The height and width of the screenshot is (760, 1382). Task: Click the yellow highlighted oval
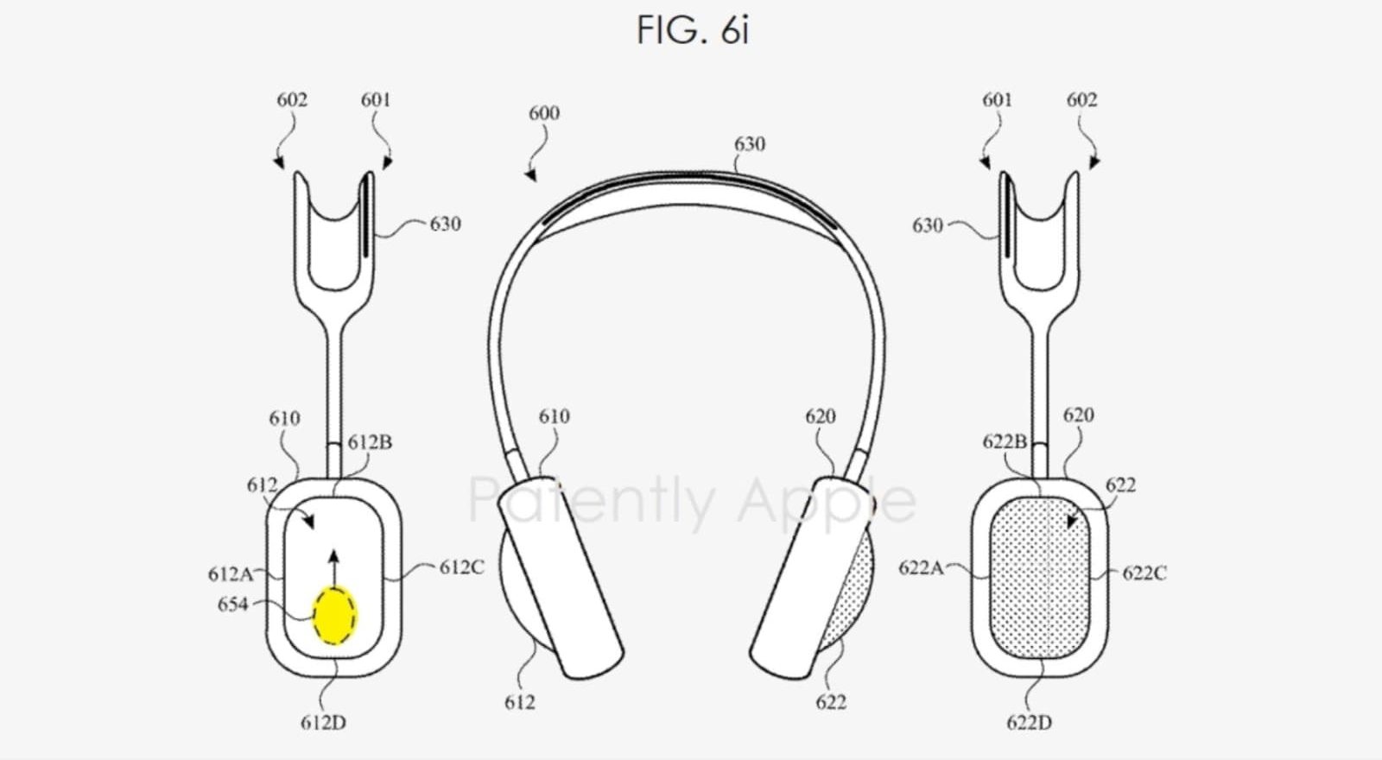coord(333,616)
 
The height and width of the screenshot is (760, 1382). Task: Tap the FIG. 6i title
coord(693,30)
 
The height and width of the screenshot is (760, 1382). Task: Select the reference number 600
coord(544,113)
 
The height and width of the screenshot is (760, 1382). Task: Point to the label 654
coord(232,605)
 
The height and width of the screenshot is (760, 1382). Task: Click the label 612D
coord(323,722)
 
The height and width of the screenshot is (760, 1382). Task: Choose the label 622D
coord(1029,722)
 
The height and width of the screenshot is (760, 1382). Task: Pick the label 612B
coord(370,442)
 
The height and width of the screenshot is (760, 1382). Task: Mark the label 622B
coord(1005,442)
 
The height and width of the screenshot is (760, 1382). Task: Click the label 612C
coord(461,567)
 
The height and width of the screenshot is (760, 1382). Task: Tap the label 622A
coord(921,567)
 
